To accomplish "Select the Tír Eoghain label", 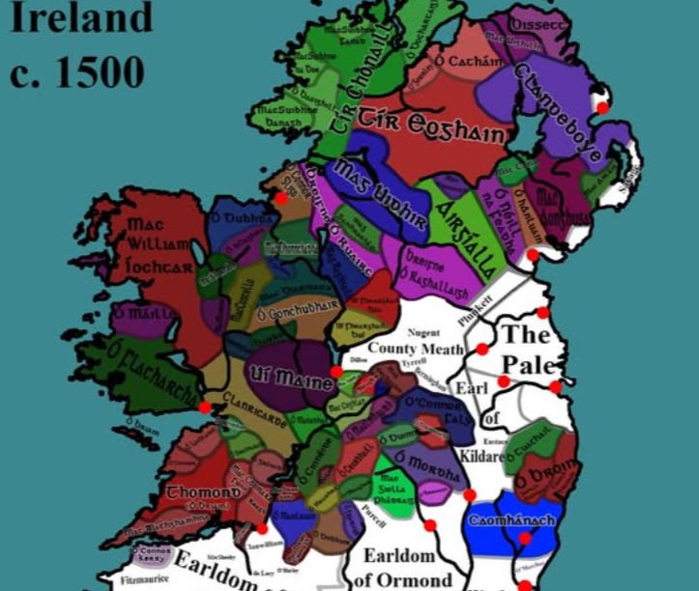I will tap(431, 127).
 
